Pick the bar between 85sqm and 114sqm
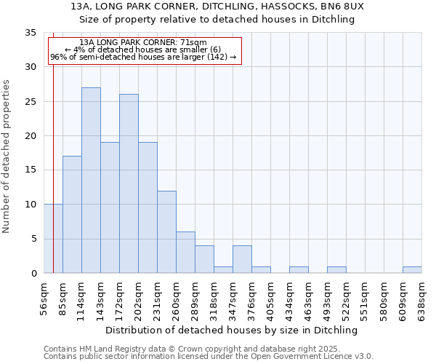pyautogui.click(x=72, y=215)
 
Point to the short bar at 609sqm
pyautogui.click(x=412, y=270)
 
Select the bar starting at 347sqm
pyautogui.click(x=242, y=259)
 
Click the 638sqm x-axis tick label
pyautogui.click(x=421, y=298)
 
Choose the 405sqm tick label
pyautogui.click(x=270, y=298)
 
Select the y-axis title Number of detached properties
pyautogui.click(x=7, y=157)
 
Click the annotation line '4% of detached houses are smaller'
pyautogui.click(x=142, y=50)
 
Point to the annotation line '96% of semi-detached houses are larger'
pyautogui.click(x=143, y=57)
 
